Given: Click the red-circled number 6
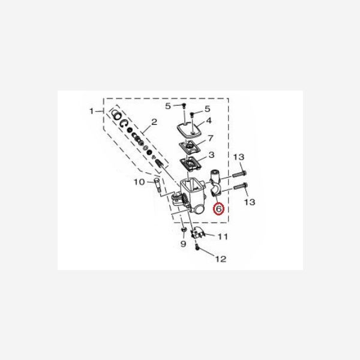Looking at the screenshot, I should coord(219,209).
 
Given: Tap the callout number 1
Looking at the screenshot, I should coord(92,111).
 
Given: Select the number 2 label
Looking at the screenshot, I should coord(154,122).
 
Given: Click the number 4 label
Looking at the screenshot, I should coord(209,121).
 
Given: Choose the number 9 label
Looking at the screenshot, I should coord(183,245).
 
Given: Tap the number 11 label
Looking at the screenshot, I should coord(223,237).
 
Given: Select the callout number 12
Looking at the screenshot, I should coord(221,259).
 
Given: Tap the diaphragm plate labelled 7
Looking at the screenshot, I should coord(190,148).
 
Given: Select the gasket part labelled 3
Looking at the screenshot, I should coord(193,164).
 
